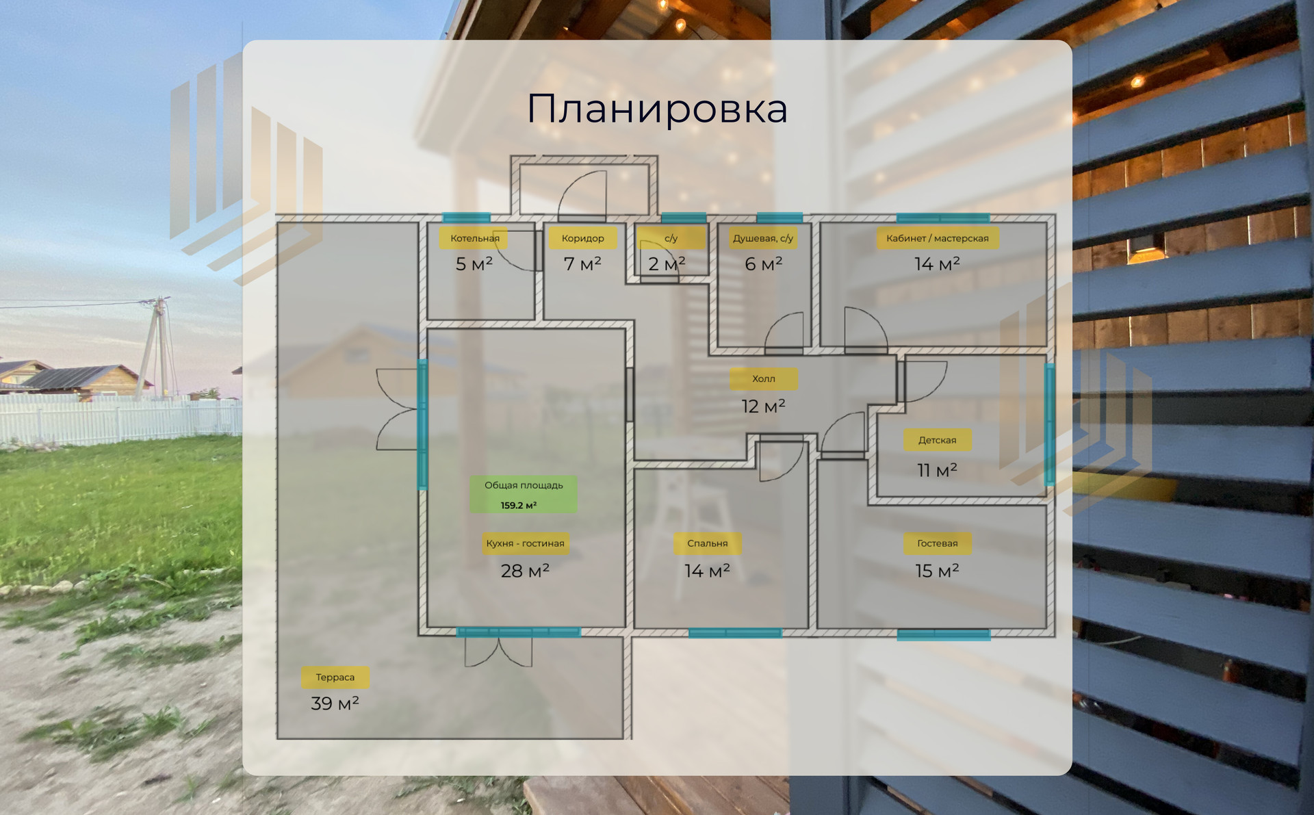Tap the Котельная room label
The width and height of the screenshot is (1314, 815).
click(x=474, y=238)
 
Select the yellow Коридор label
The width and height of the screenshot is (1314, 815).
click(x=582, y=238)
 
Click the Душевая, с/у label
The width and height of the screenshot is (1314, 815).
click(x=762, y=238)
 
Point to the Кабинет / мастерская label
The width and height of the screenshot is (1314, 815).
click(x=937, y=238)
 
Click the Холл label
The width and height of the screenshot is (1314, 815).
click(x=763, y=378)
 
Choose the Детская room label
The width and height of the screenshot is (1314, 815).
click(x=937, y=440)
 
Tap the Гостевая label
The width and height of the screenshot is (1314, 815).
click(x=937, y=543)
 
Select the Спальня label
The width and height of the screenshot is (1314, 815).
click(x=707, y=543)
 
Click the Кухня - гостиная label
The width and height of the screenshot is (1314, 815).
click(x=525, y=543)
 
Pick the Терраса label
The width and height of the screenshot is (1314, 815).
click(x=335, y=677)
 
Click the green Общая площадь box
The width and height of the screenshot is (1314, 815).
click(x=524, y=494)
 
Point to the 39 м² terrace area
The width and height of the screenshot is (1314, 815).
click(x=335, y=703)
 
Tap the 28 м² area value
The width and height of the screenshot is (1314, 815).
click(x=525, y=571)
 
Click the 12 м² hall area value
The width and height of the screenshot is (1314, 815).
click(x=763, y=406)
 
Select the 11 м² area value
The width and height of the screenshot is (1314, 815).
click(x=937, y=470)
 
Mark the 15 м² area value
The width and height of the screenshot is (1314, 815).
click(x=937, y=571)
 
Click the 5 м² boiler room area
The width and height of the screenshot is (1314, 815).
click(x=474, y=264)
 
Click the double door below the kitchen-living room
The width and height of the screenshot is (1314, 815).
click(x=498, y=652)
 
